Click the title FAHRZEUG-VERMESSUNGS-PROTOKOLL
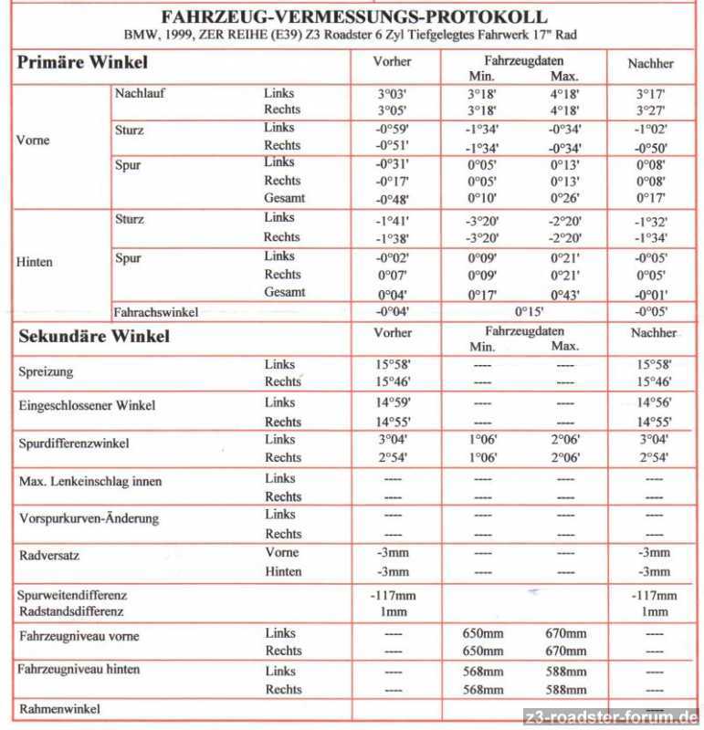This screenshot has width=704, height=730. pos(353,16)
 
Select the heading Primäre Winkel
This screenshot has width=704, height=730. pos(82,63)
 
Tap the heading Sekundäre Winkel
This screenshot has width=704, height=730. pos(94,336)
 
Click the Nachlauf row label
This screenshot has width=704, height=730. pos(140,93)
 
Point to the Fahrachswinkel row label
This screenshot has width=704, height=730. pos(155,311)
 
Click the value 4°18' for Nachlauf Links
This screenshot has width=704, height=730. pos(565,93)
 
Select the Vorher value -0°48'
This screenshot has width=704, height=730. pos(392,198)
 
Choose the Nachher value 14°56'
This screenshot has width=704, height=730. pos(654,402)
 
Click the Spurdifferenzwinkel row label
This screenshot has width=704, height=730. pos(74,443)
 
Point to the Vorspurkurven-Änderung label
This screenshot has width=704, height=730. pos(89,518)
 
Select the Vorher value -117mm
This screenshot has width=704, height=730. pos(393,595)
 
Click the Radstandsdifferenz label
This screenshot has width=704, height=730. pos(70,611)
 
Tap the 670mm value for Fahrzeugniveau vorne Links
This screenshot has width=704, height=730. pos(565,633)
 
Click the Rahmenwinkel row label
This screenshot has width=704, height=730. pos(58,708)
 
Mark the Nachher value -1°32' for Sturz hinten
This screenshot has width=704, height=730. pos(651,220)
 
